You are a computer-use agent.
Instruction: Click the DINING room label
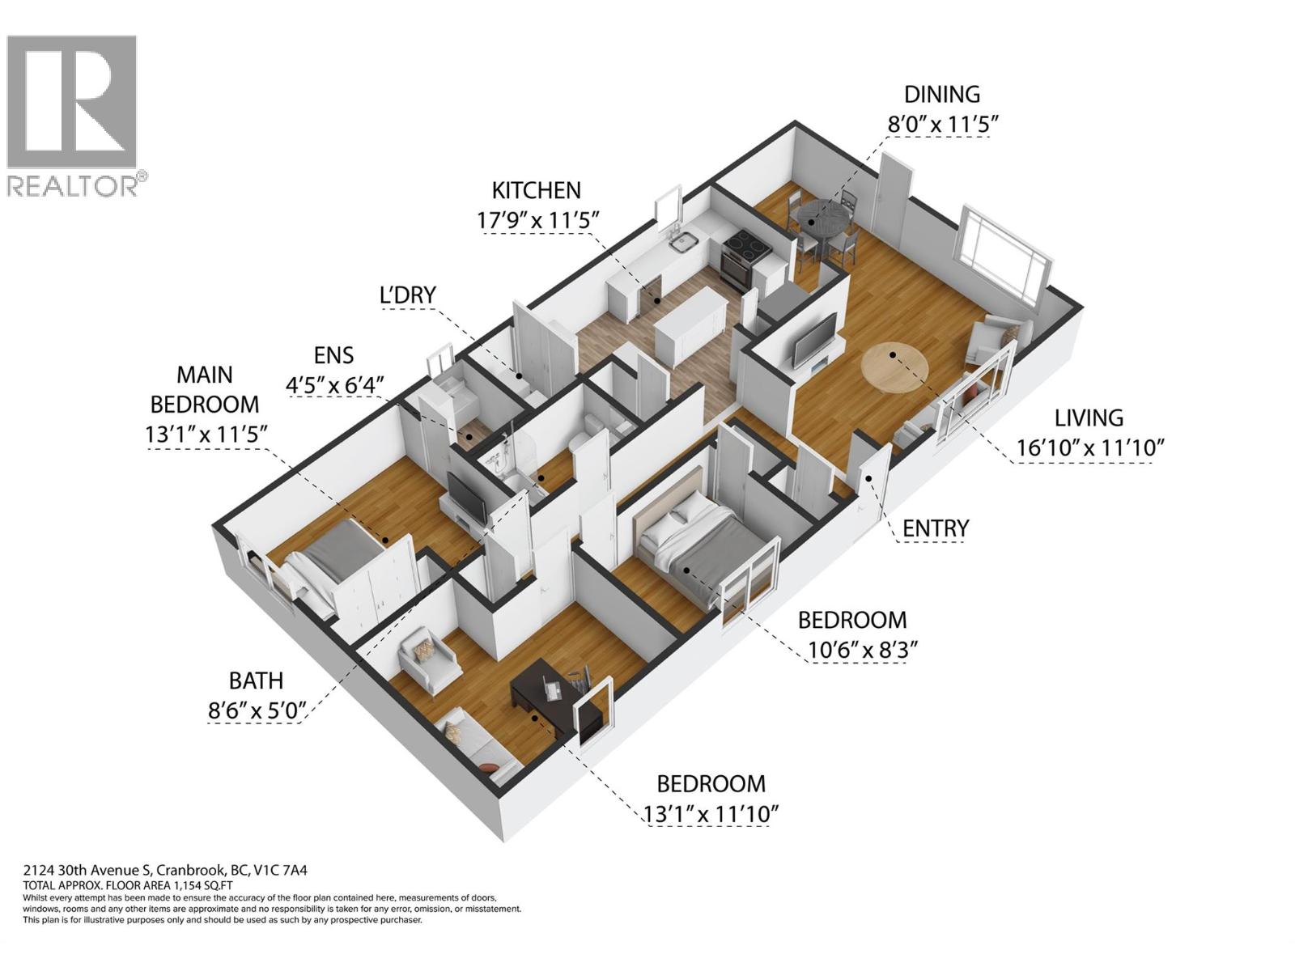coord(941,94)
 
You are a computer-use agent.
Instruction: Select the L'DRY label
coord(407,295)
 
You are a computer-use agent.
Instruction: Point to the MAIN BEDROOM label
coord(206,389)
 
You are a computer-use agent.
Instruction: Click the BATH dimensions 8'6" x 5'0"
coord(256,711)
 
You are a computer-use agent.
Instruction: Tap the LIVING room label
coord(1089,418)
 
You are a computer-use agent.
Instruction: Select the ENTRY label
coord(935,528)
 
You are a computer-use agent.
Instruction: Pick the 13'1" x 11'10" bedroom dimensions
coord(711,813)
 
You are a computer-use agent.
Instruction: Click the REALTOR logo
coord(73,113)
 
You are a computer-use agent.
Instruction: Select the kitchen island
coord(690,325)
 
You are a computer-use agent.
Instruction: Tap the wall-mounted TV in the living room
coord(814,340)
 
